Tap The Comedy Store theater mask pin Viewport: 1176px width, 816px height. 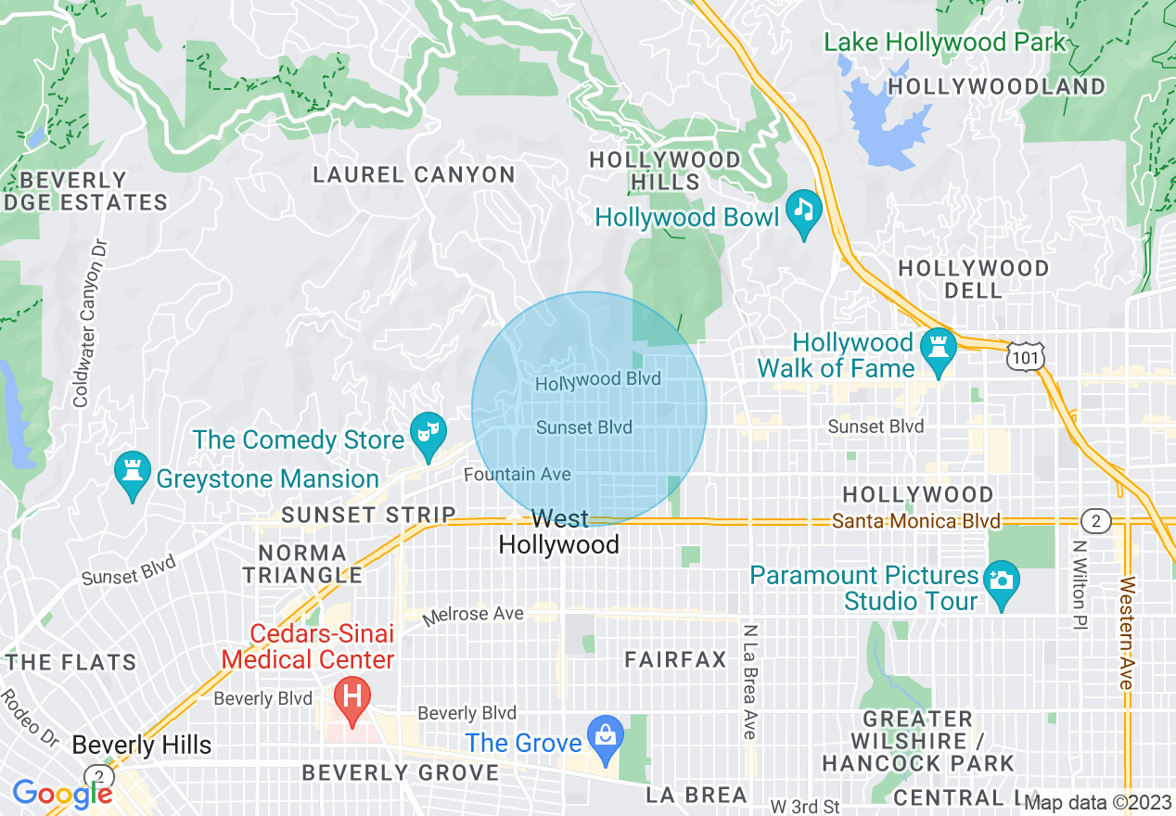pyautogui.click(x=428, y=433)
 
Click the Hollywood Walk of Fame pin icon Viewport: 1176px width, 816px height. pyautogui.click(x=938, y=349)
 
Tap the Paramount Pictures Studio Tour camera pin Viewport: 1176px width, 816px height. pyautogui.click(x=1001, y=581)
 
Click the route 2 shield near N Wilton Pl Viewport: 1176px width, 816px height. pyautogui.click(x=1095, y=521)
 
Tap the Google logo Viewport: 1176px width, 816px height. pyautogui.click(x=63, y=794)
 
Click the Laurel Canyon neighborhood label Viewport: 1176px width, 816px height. pyautogui.click(x=414, y=174)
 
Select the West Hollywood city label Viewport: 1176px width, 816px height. pyautogui.click(x=559, y=531)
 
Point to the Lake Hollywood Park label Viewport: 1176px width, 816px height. pyautogui.click(x=946, y=43)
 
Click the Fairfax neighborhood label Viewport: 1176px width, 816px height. pyautogui.click(x=676, y=660)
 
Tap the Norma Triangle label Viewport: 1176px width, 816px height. pyautogui.click(x=302, y=564)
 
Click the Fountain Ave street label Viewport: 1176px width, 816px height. pyautogui.click(x=518, y=475)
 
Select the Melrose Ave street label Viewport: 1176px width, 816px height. pyautogui.click(x=474, y=614)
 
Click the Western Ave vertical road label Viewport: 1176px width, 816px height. pyautogui.click(x=1127, y=632)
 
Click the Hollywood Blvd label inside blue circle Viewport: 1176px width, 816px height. pyautogui.click(x=598, y=380)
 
